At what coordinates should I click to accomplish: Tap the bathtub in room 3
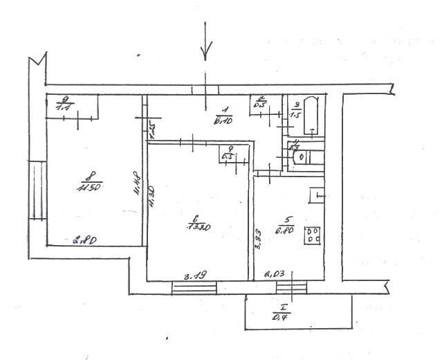312,114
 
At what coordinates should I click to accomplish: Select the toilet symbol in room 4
302,157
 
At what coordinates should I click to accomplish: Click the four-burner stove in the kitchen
313,235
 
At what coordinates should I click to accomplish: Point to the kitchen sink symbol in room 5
317,196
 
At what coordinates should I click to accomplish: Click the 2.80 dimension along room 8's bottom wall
84,240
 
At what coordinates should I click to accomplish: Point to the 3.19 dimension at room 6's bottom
192,276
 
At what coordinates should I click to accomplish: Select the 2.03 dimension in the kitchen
275,275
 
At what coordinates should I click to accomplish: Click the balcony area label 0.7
282,316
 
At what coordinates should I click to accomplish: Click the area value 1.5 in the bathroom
297,115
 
